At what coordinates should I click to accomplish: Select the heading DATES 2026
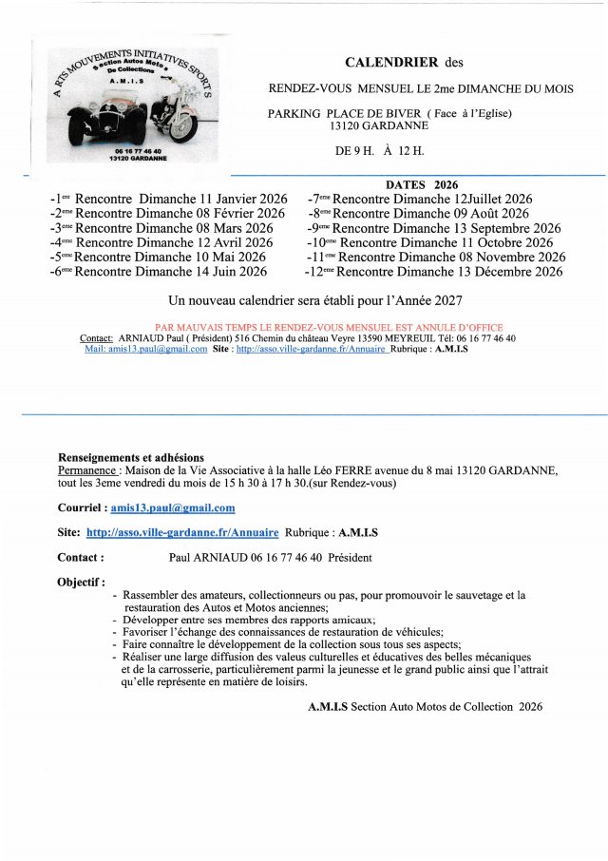422,184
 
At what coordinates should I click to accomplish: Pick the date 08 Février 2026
241,214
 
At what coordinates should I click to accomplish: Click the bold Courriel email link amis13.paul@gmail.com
173,508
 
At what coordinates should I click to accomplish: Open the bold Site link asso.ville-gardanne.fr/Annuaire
182,533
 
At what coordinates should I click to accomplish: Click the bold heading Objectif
81,582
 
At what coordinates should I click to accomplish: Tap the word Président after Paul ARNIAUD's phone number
351,558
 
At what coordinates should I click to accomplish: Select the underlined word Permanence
87,470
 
